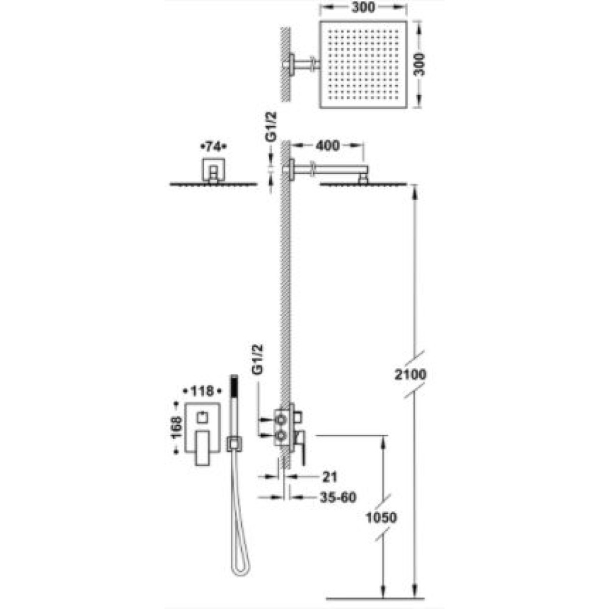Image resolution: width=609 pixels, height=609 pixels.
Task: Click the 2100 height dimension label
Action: click(410, 375)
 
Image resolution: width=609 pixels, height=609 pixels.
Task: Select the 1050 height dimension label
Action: click(381, 517)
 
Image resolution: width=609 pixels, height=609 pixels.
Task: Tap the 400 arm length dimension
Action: click(328, 146)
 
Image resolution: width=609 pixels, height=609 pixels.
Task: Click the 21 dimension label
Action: click(329, 477)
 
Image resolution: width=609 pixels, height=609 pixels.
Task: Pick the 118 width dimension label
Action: click(202, 391)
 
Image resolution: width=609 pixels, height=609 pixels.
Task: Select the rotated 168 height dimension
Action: click(177, 428)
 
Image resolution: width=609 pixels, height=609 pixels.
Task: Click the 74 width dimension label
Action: click(213, 147)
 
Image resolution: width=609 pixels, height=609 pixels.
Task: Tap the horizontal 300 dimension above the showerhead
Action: click(363, 7)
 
